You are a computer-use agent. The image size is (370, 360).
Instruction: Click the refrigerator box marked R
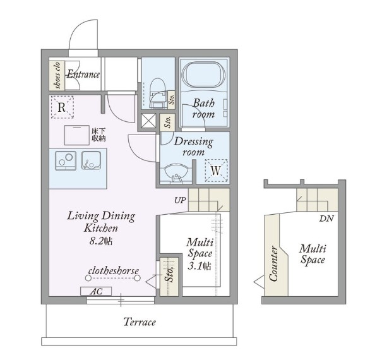[x=63, y=107]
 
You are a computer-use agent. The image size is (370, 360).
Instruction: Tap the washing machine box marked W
[x=216, y=171]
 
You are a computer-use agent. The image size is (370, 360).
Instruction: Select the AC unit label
[x=96, y=291]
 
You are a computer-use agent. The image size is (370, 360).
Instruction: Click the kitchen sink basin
[x=91, y=160]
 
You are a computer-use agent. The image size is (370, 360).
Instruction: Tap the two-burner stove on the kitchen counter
[x=66, y=160]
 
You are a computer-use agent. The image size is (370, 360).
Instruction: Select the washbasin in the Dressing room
[x=176, y=173]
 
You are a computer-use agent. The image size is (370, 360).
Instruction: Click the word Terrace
[x=140, y=321]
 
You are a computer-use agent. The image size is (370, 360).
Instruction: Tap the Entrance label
[x=83, y=75]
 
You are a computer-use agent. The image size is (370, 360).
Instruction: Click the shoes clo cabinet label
[x=57, y=76]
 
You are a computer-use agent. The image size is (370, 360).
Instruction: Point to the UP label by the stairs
[x=180, y=200]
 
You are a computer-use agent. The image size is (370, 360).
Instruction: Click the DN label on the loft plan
[x=326, y=219]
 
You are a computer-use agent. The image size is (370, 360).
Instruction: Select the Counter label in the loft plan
[x=273, y=264]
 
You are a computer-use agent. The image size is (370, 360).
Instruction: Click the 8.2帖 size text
[x=101, y=241]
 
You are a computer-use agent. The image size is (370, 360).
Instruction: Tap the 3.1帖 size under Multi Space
[x=200, y=266]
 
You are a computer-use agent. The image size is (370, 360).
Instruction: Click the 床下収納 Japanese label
[x=98, y=135]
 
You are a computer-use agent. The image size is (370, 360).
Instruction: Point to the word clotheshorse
[x=114, y=270]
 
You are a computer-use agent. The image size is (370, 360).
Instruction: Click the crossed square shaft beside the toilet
[x=148, y=121]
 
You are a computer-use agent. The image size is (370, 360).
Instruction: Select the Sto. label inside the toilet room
[x=172, y=100]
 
